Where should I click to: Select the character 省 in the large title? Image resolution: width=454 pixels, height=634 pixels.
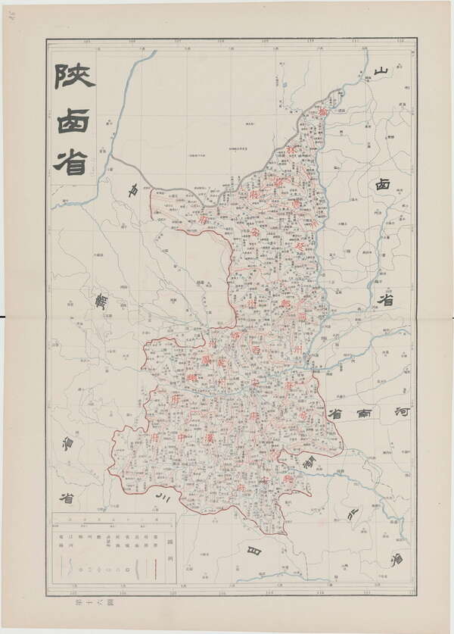tap(70, 161)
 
